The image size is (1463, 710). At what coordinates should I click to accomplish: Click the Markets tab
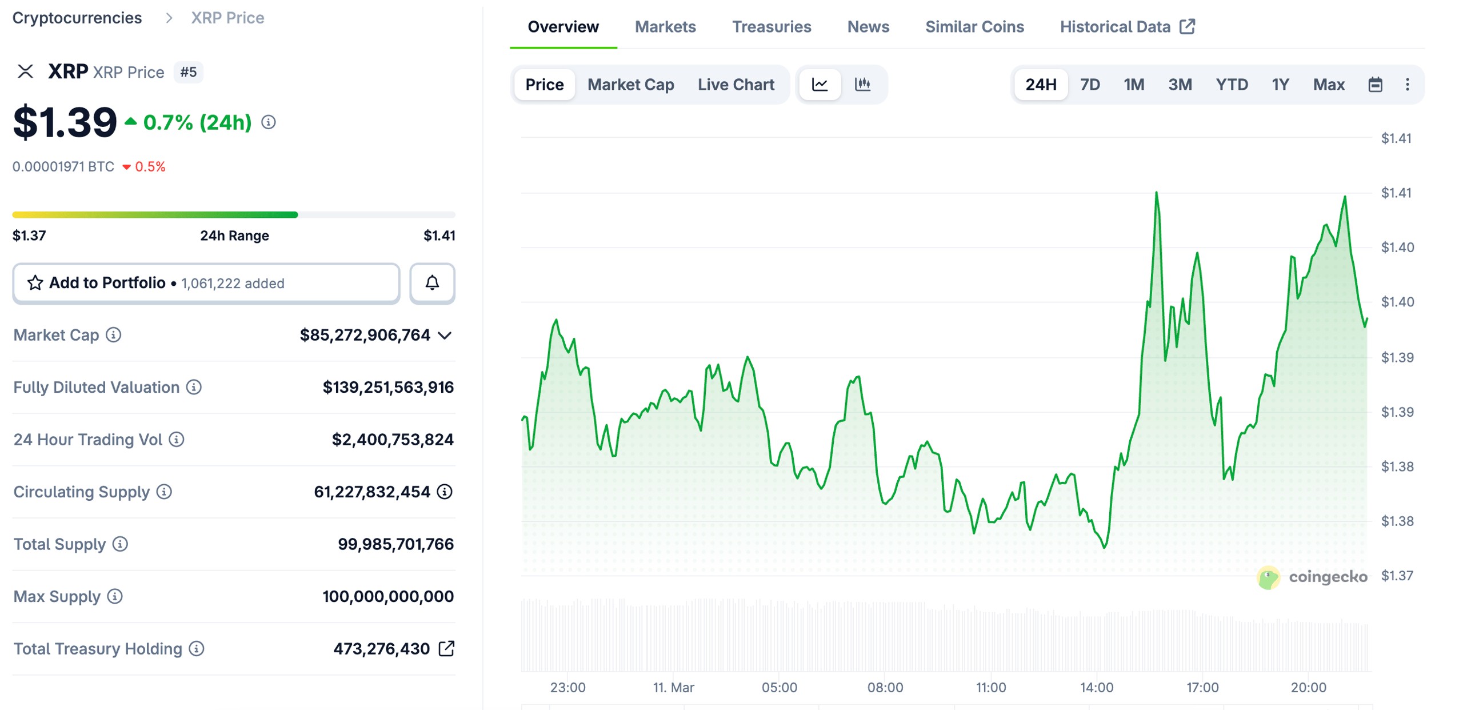click(665, 27)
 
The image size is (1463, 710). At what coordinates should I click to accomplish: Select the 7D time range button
click(1089, 85)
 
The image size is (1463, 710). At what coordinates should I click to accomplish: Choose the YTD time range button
click(1231, 85)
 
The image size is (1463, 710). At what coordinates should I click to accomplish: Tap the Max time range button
click(1328, 85)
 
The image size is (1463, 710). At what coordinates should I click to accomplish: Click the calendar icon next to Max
click(1374, 85)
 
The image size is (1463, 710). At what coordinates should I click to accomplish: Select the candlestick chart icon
click(862, 85)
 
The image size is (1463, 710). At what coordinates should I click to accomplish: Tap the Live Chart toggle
click(736, 85)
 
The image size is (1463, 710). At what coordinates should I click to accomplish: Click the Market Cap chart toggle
click(630, 85)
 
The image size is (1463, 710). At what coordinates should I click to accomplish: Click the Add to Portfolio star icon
click(35, 283)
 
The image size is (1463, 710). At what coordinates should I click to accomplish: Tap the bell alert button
click(432, 283)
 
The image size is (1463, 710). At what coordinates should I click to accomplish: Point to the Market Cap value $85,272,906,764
click(365, 335)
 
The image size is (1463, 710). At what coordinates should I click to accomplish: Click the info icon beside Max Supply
click(115, 596)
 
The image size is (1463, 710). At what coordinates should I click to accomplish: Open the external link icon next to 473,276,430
click(446, 648)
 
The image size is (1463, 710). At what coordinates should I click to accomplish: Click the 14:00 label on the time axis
click(1096, 687)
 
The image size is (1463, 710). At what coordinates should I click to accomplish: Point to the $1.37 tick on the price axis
click(1397, 576)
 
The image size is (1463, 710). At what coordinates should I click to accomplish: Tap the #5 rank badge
click(188, 72)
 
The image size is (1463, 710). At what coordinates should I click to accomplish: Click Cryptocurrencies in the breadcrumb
click(77, 18)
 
